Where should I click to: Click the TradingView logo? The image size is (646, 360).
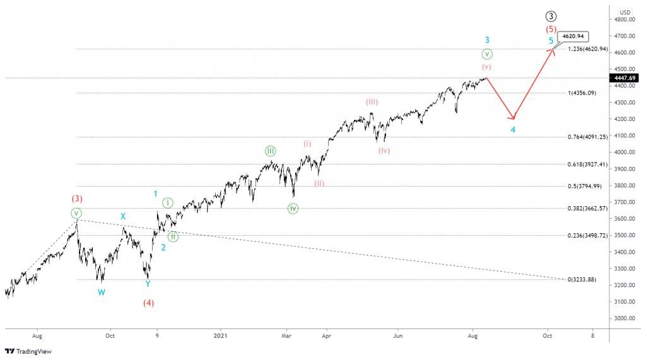pyautogui.click(x=28, y=351)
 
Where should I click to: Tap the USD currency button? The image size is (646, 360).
pyautogui.click(x=625, y=12)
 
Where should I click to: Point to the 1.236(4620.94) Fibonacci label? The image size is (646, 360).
pyautogui.click(x=587, y=49)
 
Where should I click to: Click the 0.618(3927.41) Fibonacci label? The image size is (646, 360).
pyautogui.click(x=587, y=164)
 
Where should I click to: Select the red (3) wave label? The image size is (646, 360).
pyautogui.click(x=76, y=199)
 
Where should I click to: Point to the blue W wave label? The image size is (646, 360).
pyautogui.click(x=101, y=292)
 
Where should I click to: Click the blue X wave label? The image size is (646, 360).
pyautogui.click(x=123, y=216)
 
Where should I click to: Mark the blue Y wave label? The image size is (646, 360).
pyautogui.click(x=148, y=284)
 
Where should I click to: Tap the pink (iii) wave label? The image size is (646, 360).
pyautogui.click(x=372, y=102)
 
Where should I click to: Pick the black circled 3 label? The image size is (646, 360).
pyautogui.click(x=551, y=16)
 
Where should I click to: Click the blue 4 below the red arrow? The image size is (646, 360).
pyautogui.click(x=513, y=130)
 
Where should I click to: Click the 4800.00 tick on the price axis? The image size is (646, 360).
pyautogui.click(x=625, y=20)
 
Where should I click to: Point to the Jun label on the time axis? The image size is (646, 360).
pyautogui.click(x=397, y=336)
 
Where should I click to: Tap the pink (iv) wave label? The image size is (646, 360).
pyautogui.click(x=384, y=151)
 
